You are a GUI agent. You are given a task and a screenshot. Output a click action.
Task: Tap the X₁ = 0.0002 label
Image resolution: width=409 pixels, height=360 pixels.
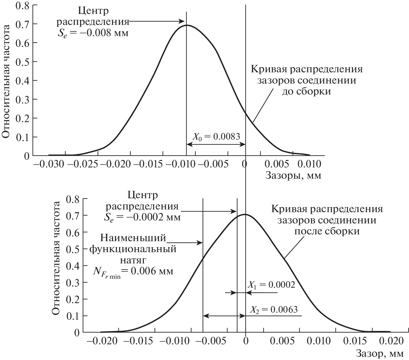tap(271, 285)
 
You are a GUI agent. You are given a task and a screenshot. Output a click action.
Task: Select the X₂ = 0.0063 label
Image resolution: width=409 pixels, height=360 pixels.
tap(274, 310)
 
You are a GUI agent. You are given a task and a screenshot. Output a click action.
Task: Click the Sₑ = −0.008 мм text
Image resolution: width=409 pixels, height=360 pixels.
tap(93, 32)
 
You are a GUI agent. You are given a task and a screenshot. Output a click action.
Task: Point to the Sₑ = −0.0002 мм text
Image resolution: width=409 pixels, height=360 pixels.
tap(142, 217)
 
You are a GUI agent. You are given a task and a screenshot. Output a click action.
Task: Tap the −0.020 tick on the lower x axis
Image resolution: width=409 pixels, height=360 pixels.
tap(101, 341)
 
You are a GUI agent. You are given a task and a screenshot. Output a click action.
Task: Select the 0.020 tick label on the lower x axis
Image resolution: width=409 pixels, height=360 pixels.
tap(390, 341)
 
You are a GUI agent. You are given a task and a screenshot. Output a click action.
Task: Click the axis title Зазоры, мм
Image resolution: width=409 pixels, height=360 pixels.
tap(293, 175)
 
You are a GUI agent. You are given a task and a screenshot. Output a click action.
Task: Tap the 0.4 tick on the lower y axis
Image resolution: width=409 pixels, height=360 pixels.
tap(73, 266)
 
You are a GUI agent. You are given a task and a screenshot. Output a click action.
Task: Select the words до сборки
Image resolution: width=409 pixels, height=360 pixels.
tap(306, 92)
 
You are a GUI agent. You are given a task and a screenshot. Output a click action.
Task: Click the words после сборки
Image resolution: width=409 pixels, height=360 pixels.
tap(327, 231)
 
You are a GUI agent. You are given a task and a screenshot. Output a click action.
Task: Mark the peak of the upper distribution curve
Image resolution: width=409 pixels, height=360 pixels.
tap(187, 25)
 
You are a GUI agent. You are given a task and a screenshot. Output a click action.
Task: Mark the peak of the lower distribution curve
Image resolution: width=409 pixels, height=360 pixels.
tap(245, 214)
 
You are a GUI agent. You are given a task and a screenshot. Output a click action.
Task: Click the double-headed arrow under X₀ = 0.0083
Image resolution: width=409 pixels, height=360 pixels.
tap(216, 144)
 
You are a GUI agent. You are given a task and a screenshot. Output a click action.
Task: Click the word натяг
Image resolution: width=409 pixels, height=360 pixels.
tap(133, 260)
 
